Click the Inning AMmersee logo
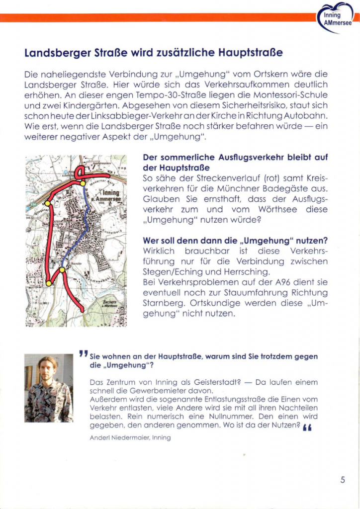pyautogui.click(x=337, y=19)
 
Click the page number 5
pyautogui.click(x=343, y=480)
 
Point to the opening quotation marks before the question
pyautogui.click(x=83, y=354)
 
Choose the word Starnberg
pyautogui.click(x=163, y=303)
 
